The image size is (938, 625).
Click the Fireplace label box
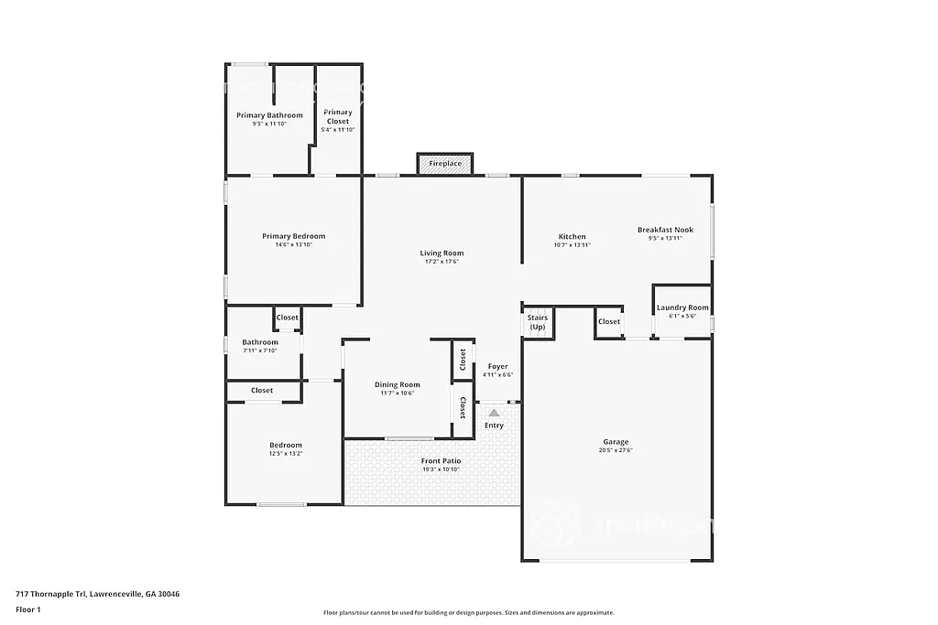click(x=445, y=164)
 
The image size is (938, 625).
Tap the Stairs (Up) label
click(x=538, y=322)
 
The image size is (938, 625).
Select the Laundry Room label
click(x=682, y=307)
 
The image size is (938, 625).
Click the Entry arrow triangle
click(x=494, y=413)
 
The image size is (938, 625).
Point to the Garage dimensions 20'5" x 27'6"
click(x=616, y=450)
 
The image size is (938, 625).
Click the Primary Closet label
click(x=338, y=117)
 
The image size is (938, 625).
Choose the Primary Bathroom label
click(x=269, y=115)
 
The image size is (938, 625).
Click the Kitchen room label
click(x=572, y=237)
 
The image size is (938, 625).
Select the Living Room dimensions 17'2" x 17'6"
click(x=442, y=262)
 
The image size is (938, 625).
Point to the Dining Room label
click(x=398, y=385)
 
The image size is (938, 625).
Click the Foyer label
click(x=497, y=367)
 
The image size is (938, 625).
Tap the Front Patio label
click(x=441, y=461)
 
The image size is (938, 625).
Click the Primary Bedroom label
click(x=293, y=236)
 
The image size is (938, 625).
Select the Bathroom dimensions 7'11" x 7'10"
click(x=260, y=350)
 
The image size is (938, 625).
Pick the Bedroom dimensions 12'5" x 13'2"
click(x=285, y=454)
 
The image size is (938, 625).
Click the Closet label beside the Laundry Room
click(x=609, y=321)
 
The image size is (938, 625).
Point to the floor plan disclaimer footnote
click(x=468, y=613)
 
